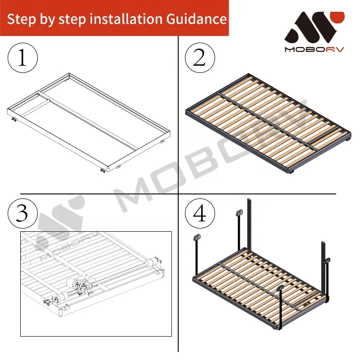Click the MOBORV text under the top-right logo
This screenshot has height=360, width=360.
[x=314, y=49]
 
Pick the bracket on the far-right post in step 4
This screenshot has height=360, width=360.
[x=327, y=260]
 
